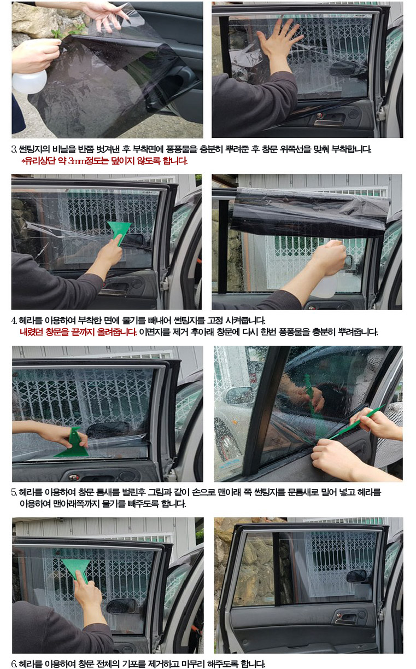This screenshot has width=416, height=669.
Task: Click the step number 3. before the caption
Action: pos(14,149)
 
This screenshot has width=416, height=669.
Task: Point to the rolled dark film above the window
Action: pos(310,212)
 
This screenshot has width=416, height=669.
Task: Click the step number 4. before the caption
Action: pos(14,321)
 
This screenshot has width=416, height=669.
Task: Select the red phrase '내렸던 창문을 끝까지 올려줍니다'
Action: pos(78,332)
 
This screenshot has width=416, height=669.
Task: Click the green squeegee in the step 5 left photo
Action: pos(73,444)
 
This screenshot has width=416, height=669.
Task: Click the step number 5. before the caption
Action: pos(14,492)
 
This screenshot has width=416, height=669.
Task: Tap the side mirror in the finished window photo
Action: pos(356,576)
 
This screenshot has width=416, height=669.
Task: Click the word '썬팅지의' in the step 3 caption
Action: pos(34,149)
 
